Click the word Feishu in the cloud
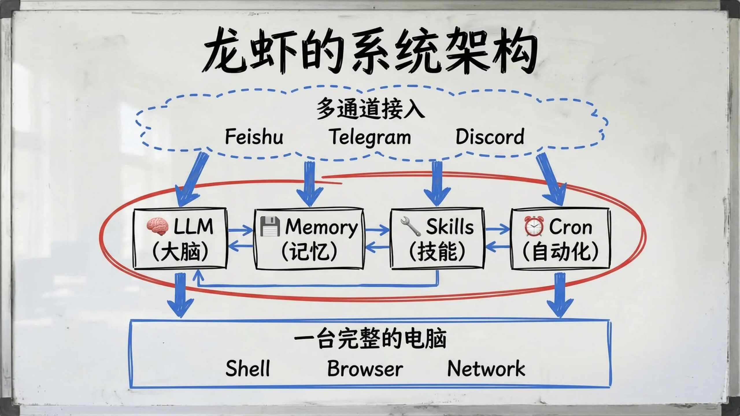pos(254,137)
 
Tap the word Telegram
pos(370,137)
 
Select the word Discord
pos(490,137)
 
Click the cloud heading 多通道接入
pos(370,108)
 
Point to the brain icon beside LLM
pos(157,227)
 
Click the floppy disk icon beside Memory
pos(270,226)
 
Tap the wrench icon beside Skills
pos(410,227)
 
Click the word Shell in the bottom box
pos(248,368)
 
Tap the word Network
pos(486,368)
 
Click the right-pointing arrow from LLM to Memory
pos(240,230)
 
